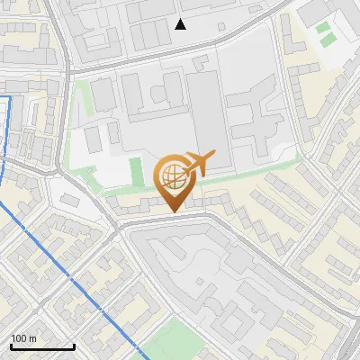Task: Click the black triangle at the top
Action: coord(181,24)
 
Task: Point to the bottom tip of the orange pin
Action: coord(172,212)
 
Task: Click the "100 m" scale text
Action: coord(23,338)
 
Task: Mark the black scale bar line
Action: coord(42,346)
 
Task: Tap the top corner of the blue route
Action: coord(10,95)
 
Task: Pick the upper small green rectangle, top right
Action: coord(323,27)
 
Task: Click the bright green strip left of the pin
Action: coord(136,170)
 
